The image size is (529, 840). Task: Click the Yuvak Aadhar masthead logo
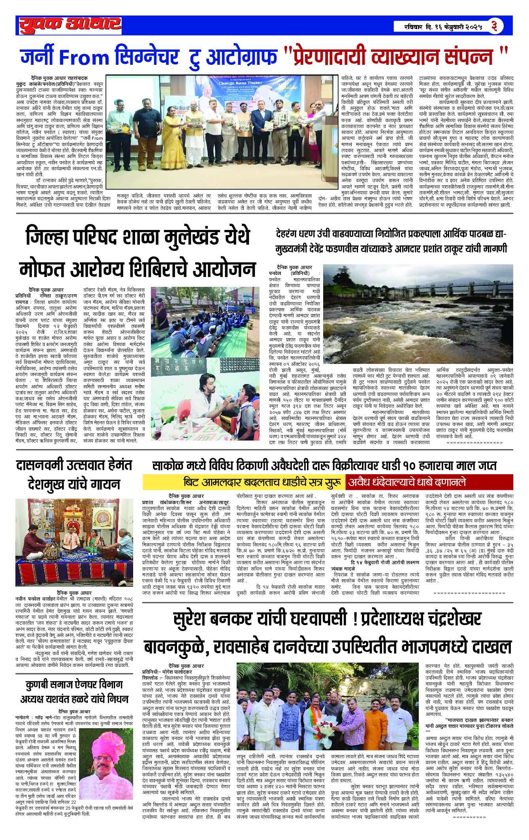click(x=70, y=25)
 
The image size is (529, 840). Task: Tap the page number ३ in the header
click(x=494, y=26)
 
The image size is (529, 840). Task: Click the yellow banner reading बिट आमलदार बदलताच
click(x=244, y=482)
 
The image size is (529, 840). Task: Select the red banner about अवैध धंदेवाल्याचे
click(x=429, y=482)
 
